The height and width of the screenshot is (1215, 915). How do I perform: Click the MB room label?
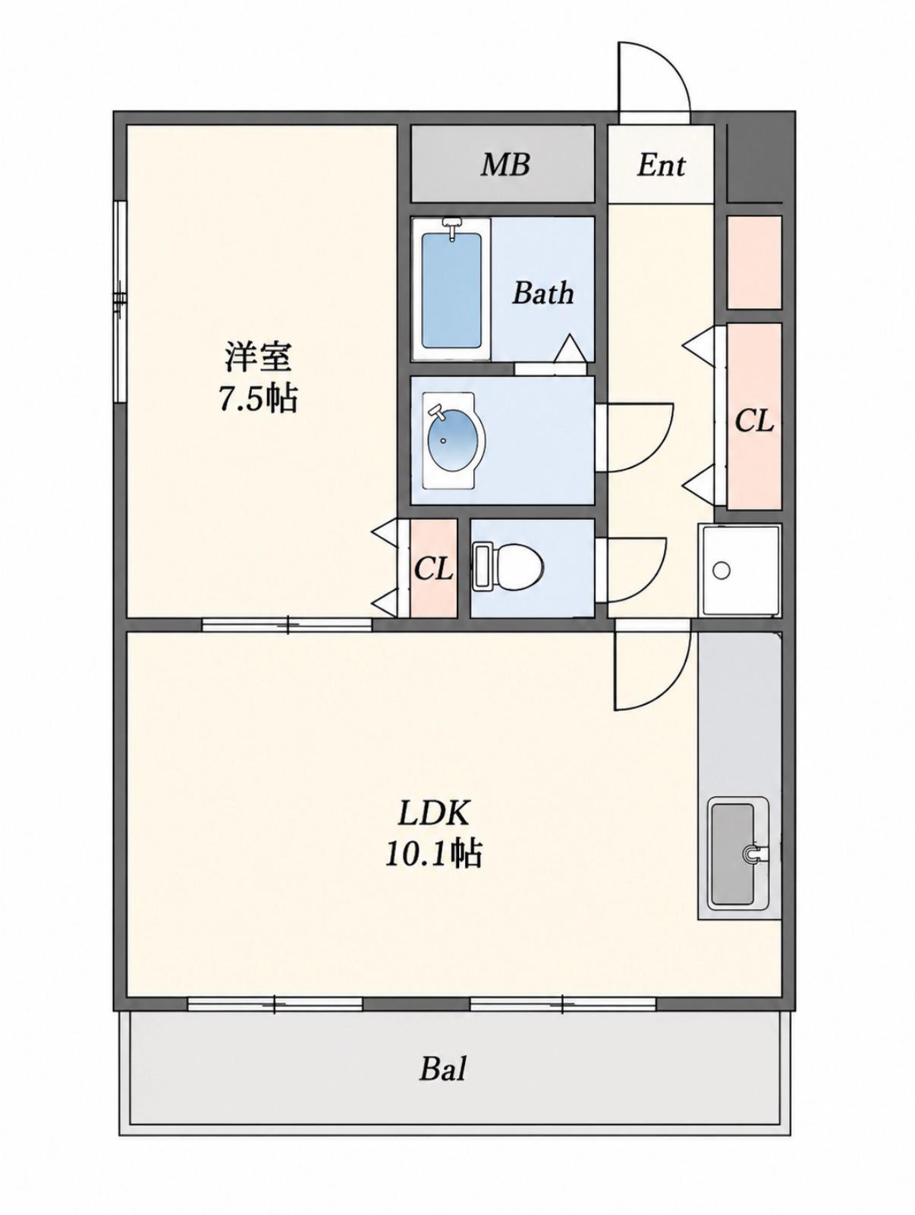(x=505, y=165)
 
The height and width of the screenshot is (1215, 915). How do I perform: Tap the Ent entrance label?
(x=662, y=165)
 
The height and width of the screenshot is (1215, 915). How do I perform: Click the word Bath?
(x=542, y=293)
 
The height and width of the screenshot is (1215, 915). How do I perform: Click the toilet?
(x=507, y=567)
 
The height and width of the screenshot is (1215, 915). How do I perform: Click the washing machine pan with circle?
(x=739, y=570)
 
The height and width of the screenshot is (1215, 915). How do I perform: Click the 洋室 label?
(x=258, y=357)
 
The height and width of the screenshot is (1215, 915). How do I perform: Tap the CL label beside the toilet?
(x=433, y=569)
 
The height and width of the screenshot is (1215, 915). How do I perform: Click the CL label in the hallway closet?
(x=753, y=422)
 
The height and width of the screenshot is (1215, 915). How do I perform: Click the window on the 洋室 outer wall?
(x=120, y=301)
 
